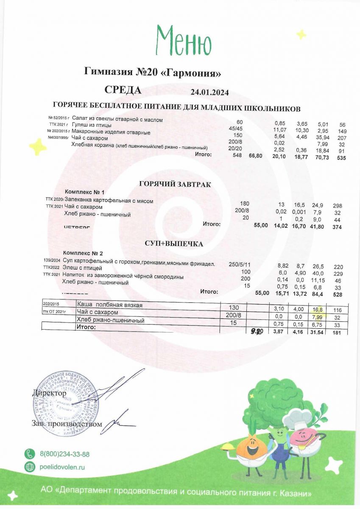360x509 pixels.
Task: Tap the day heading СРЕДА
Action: pos(123,90)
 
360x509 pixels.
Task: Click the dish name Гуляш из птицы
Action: pos(92,125)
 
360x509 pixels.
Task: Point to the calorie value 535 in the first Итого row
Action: pos(341,158)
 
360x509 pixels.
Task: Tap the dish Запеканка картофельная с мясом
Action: pos(109,201)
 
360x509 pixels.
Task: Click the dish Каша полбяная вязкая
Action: pos(110,305)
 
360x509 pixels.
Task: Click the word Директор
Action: pos(50,393)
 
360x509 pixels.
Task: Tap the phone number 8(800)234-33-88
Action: pos(64,454)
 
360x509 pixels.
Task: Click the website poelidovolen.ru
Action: pos(62,467)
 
